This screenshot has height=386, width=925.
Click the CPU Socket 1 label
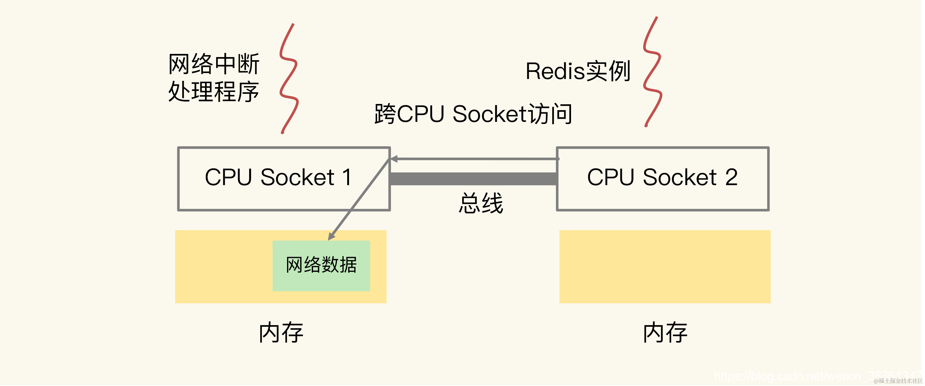(x=278, y=177)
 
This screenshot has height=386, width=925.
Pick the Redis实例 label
(x=578, y=71)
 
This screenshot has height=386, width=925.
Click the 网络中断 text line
(x=214, y=64)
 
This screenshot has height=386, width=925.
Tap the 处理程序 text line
(x=214, y=92)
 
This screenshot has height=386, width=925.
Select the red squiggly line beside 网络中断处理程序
(x=289, y=79)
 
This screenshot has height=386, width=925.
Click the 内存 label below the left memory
(x=281, y=333)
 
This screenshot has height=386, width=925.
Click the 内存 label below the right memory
(x=665, y=333)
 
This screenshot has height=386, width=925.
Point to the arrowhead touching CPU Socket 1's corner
(x=394, y=159)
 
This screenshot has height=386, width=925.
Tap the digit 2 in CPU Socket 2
(x=731, y=177)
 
